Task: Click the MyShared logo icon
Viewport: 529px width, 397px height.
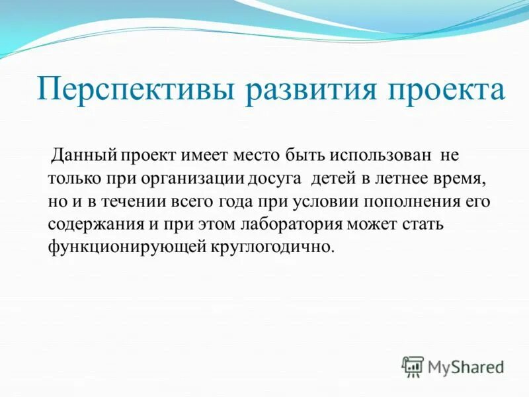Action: point(413,366)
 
